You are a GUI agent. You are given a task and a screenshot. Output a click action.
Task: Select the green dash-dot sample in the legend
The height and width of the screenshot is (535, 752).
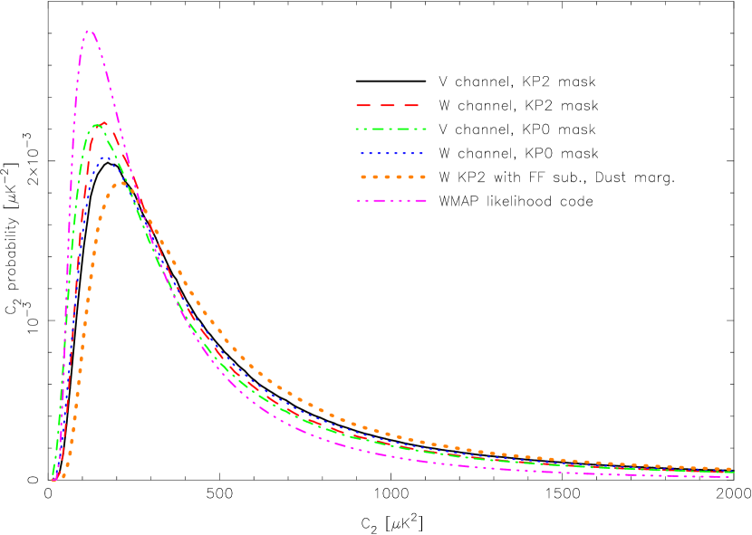click(390, 129)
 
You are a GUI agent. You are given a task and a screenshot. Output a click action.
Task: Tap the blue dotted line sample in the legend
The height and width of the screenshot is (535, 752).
click(390, 153)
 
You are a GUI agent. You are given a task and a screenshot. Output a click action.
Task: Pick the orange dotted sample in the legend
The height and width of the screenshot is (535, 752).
click(391, 177)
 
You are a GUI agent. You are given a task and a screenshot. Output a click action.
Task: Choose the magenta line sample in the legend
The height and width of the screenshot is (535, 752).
click(390, 201)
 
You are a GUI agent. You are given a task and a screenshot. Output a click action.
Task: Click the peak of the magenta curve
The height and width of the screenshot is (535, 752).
click(89, 31)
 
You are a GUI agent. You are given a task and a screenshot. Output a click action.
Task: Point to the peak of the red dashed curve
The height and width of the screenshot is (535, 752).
click(104, 123)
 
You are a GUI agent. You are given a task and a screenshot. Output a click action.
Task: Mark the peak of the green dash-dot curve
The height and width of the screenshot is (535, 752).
click(95, 126)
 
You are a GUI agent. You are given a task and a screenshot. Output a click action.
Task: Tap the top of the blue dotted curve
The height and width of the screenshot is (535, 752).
click(110, 157)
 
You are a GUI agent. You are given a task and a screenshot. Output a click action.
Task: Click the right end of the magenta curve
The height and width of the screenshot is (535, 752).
click(730, 476)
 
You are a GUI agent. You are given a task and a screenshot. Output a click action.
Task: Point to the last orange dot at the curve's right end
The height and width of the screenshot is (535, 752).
click(730, 469)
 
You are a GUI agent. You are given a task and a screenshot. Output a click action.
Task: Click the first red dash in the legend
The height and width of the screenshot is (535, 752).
click(363, 106)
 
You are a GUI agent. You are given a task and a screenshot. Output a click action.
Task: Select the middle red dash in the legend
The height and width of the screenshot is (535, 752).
click(388, 106)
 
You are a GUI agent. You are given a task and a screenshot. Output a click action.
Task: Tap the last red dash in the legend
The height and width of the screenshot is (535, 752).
click(411, 106)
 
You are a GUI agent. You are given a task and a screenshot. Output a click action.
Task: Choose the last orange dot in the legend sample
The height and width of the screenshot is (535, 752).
click(422, 177)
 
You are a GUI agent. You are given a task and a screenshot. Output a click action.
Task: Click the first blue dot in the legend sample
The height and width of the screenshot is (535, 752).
click(361, 153)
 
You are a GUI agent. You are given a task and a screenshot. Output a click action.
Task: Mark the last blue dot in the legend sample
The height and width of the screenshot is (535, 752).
click(420, 153)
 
